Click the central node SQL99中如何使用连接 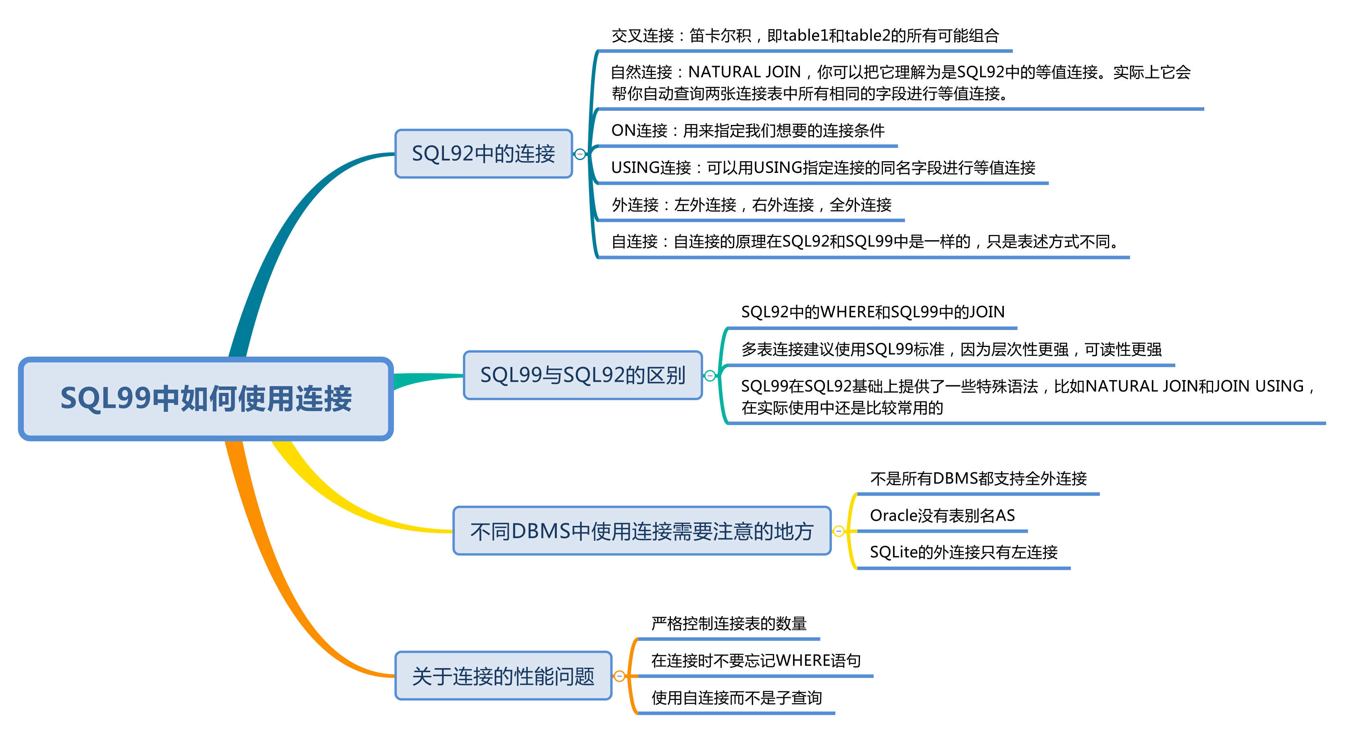206,399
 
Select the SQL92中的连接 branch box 483,154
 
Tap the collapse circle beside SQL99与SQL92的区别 710,376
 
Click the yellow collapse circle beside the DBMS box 838,532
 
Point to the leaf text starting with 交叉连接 805,35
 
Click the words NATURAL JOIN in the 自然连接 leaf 745,72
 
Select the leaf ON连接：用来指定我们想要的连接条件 748,130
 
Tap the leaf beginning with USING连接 823,168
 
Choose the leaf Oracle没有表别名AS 942,515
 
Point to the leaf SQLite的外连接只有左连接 963,552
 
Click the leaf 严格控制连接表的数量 729,624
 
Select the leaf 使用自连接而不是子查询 736,698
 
